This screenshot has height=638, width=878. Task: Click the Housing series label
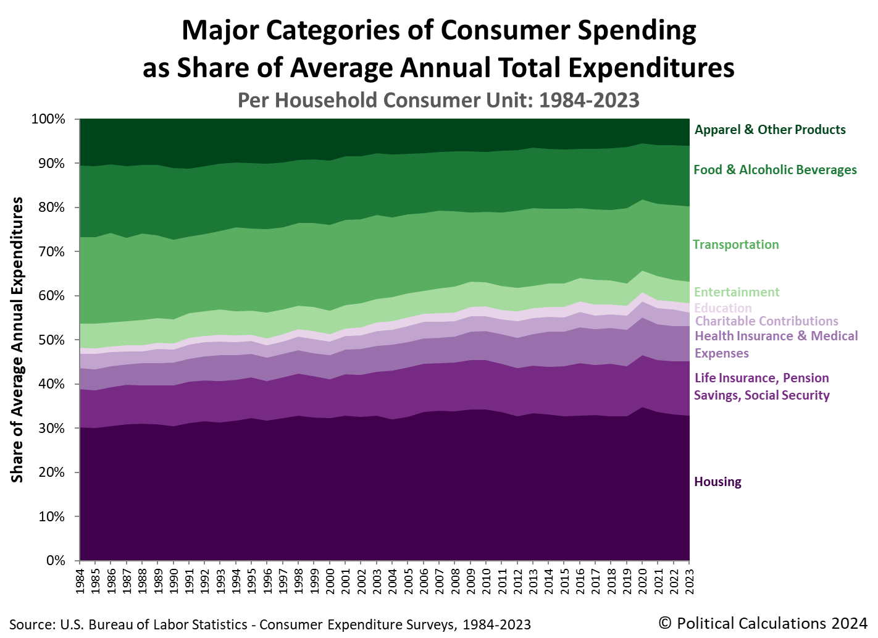717,482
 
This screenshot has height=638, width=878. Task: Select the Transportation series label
735,245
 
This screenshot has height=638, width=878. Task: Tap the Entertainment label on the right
736,292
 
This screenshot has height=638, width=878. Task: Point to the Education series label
723,308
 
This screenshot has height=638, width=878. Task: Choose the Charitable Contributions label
766,321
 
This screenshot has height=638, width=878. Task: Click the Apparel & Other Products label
769,130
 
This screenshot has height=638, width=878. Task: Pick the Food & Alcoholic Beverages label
775,170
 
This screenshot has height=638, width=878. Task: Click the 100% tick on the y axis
48,119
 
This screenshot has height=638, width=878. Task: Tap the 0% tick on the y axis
55,561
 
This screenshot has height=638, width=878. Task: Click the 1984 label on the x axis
80,582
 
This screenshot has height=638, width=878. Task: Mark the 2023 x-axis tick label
689,582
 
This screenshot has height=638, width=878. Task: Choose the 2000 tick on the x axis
330,582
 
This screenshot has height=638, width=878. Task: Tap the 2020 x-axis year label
642,582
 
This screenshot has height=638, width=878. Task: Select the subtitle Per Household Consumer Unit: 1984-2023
438,100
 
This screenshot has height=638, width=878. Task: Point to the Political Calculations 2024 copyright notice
763,623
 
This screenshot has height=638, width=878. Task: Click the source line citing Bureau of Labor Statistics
270,624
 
